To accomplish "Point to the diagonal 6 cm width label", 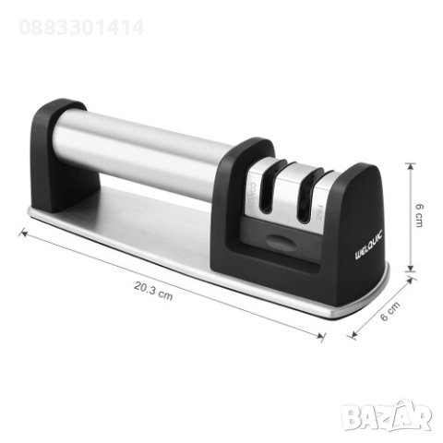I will pyautogui.click(x=391, y=315).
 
